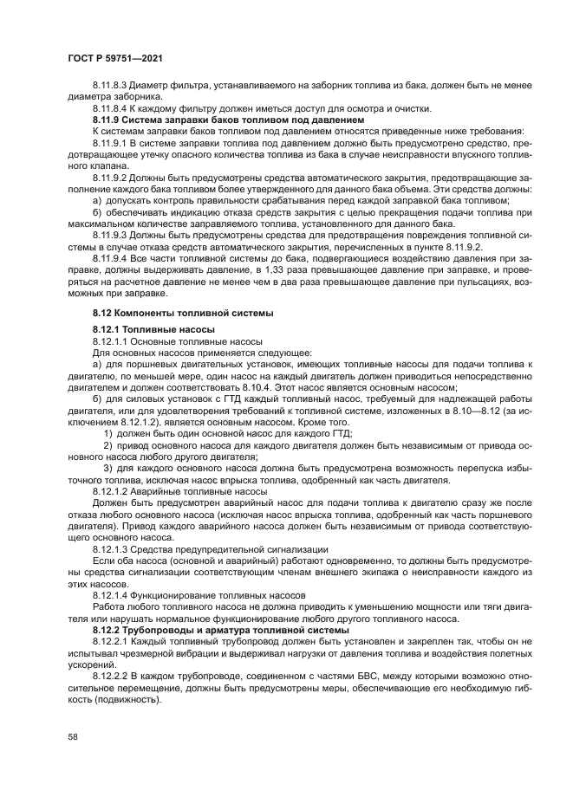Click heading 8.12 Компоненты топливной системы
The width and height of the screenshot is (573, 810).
click(x=183, y=312)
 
